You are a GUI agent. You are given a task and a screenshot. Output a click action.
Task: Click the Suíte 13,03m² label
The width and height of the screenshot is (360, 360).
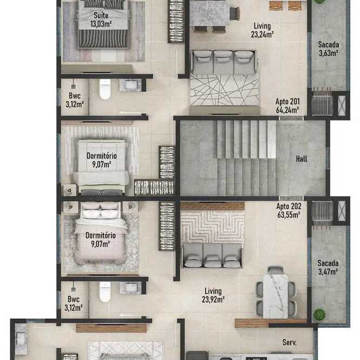click(101, 19)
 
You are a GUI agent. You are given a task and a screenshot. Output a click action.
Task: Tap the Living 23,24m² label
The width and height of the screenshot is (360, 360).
click(262, 30)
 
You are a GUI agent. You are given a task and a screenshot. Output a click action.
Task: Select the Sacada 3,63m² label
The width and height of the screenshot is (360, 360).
click(329, 49)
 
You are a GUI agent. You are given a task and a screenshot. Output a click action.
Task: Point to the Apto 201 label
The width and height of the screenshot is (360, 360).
click(287, 101)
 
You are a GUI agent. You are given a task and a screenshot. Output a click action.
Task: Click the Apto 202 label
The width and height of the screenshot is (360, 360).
click(289, 206)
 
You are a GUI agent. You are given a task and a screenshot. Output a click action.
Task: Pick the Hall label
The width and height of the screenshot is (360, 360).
click(302, 159)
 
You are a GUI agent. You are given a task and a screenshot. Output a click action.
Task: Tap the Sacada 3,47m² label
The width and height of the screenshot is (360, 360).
click(328, 267)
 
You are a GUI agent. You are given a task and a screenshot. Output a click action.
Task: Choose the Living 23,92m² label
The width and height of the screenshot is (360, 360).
click(213, 295)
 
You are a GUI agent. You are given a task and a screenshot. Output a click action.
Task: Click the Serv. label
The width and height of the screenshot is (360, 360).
click(289, 343)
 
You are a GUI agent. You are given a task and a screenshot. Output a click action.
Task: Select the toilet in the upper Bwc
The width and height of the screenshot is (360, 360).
click(105, 89)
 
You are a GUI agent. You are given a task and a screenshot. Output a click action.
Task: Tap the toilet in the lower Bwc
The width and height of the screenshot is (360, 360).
click(105, 292)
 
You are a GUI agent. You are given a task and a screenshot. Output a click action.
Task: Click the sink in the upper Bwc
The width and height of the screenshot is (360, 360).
click(130, 85)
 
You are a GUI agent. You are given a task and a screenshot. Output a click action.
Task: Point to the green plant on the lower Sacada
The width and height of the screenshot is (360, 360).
click(319, 315)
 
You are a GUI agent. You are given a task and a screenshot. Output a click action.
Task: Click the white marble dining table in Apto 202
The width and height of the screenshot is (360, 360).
click(276, 297)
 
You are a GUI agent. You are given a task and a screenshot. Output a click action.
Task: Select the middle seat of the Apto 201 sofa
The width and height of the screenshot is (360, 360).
click(224, 62)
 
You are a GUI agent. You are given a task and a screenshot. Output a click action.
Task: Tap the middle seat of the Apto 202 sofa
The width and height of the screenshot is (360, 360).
click(213, 256)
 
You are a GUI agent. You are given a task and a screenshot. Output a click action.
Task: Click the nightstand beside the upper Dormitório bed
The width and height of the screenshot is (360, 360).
click(69, 191)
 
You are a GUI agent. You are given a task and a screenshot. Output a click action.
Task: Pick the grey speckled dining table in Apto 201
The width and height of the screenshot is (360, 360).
click(210, 13)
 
